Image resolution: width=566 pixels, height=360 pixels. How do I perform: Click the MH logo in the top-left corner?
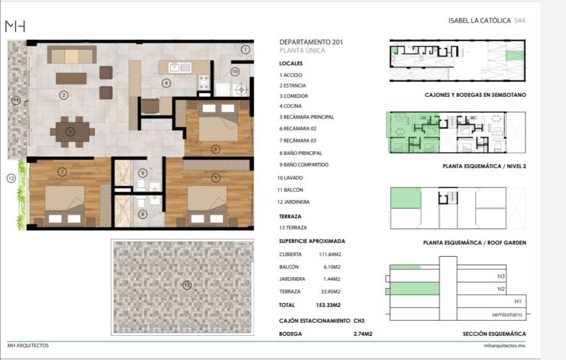15,26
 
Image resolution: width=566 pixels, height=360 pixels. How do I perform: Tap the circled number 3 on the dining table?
70,132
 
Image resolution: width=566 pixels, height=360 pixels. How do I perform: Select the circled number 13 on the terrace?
187,285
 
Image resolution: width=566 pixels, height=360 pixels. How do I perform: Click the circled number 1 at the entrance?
245,49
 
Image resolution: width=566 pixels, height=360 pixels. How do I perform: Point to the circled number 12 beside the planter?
11,178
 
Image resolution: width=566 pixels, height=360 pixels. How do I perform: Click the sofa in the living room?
72,54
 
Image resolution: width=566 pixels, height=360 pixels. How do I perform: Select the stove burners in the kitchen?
204,82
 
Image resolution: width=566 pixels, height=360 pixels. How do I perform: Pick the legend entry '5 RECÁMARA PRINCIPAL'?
307,117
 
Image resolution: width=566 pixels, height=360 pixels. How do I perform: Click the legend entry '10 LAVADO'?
290,178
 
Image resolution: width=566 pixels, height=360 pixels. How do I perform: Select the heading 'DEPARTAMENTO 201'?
311,42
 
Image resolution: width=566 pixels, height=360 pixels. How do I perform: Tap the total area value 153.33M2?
328,305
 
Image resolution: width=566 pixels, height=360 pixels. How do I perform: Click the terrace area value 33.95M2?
331,291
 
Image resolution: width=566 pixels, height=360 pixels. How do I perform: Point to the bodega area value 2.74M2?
363,334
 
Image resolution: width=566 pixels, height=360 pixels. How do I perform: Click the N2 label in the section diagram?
501,289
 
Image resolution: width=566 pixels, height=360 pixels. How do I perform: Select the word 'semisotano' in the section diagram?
507,314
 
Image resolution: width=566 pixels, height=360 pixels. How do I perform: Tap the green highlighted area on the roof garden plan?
406,198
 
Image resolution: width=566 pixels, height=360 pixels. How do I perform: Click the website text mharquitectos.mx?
504,345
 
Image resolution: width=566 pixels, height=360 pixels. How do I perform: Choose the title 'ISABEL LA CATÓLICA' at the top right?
480,20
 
